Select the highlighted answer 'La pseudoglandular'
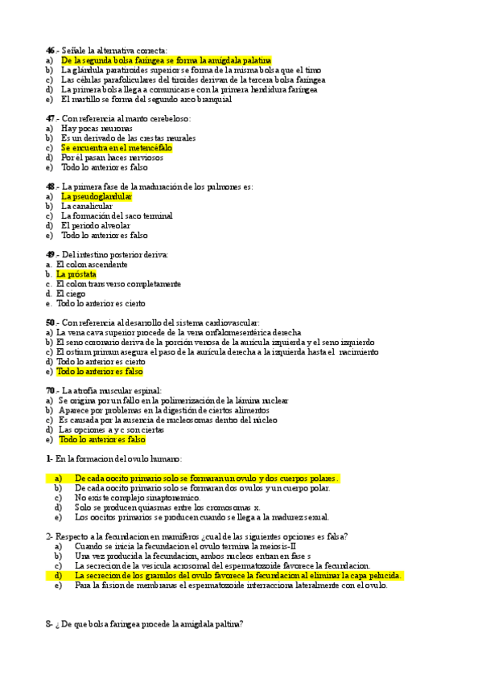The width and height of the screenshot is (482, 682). [x=97, y=197]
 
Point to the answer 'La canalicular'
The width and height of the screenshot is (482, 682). [x=87, y=207]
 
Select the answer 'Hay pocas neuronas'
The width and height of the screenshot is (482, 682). [x=97, y=129]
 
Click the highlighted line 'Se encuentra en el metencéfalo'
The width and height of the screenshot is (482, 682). [x=117, y=148]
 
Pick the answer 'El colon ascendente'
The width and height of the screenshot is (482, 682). [x=92, y=265]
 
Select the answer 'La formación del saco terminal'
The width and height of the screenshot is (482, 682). [x=117, y=216]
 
